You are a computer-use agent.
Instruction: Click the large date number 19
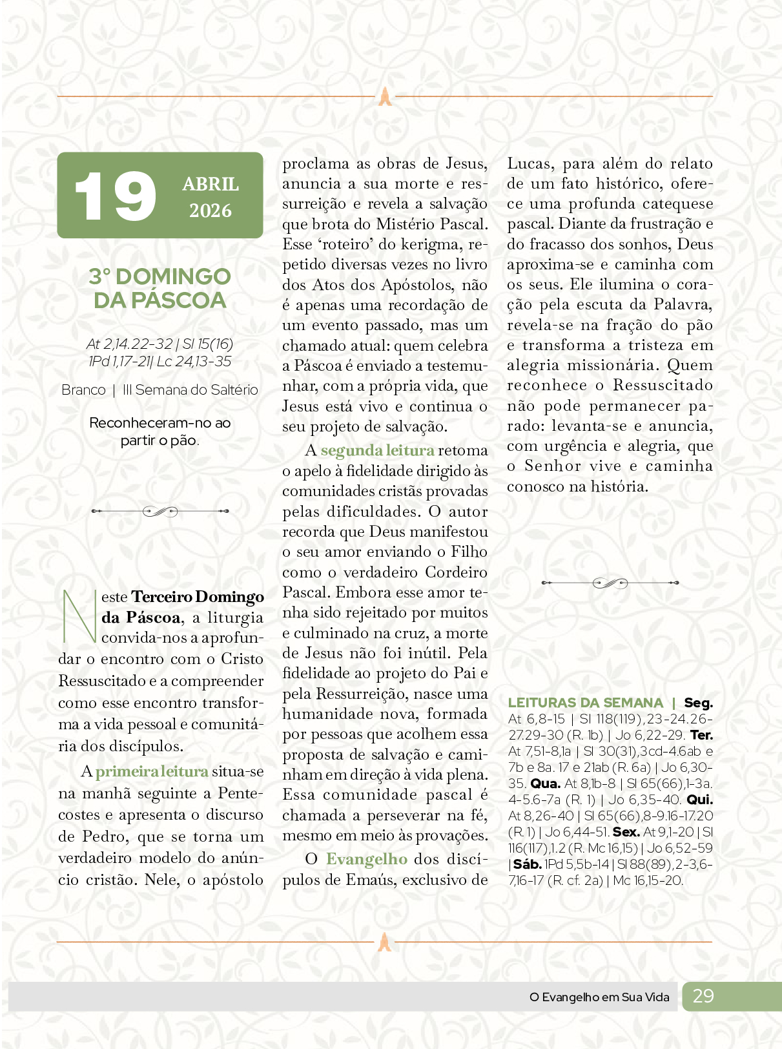click(x=115, y=196)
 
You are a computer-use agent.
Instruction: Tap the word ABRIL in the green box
click(x=211, y=184)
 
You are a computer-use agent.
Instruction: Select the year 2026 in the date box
click(x=211, y=211)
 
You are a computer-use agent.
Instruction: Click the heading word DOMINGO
click(x=173, y=276)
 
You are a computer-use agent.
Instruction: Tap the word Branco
click(x=83, y=390)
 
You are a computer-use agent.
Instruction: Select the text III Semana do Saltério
click(x=190, y=390)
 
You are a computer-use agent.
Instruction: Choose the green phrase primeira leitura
click(x=152, y=771)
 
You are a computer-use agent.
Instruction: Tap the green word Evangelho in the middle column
click(x=366, y=859)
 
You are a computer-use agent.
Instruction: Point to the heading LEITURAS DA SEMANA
click(x=585, y=703)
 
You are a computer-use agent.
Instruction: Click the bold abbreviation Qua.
click(x=545, y=784)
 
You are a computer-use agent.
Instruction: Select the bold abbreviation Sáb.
click(x=527, y=864)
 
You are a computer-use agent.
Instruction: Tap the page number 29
click(x=703, y=996)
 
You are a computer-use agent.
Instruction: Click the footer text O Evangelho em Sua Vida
click(x=599, y=997)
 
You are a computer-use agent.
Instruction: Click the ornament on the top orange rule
click(x=385, y=96)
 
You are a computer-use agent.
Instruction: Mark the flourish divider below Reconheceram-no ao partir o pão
click(x=160, y=512)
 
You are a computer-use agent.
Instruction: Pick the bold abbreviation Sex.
click(x=626, y=832)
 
